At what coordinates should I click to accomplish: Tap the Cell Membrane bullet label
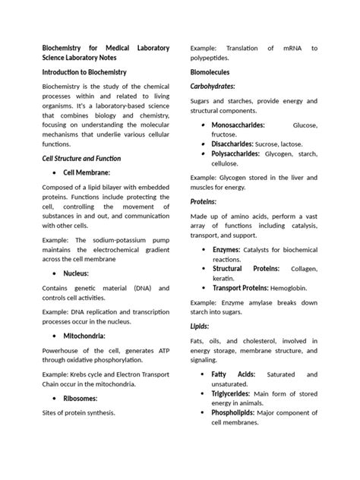(87, 173)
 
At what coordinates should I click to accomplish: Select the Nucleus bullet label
(76, 273)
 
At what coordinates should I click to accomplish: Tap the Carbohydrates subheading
(212, 86)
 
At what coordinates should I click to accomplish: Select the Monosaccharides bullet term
(238, 124)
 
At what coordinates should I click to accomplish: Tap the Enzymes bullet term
(226, 249)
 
